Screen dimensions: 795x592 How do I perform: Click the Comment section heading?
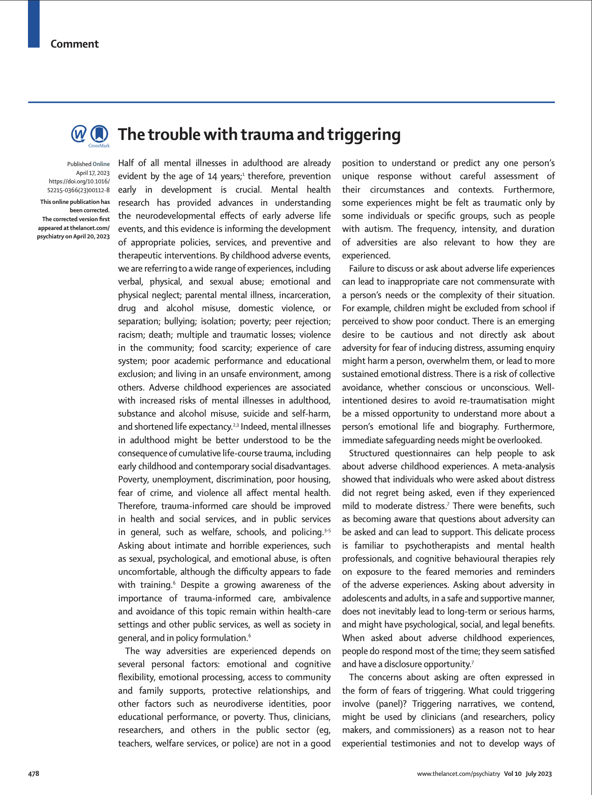click(x=75, y=44)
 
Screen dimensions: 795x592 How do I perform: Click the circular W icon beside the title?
click(x=79, y=134)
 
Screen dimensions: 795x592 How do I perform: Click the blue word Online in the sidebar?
click(x=101, y=164)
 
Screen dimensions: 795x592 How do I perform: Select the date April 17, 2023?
click(x=93, y=173)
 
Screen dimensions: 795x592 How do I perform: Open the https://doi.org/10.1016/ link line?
click(x=79, y=181)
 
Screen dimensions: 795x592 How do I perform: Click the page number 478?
click(x=34, y=774)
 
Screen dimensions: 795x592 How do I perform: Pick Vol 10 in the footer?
click(x=513, y=774)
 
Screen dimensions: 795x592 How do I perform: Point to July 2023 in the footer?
click(x=538, y=774)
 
